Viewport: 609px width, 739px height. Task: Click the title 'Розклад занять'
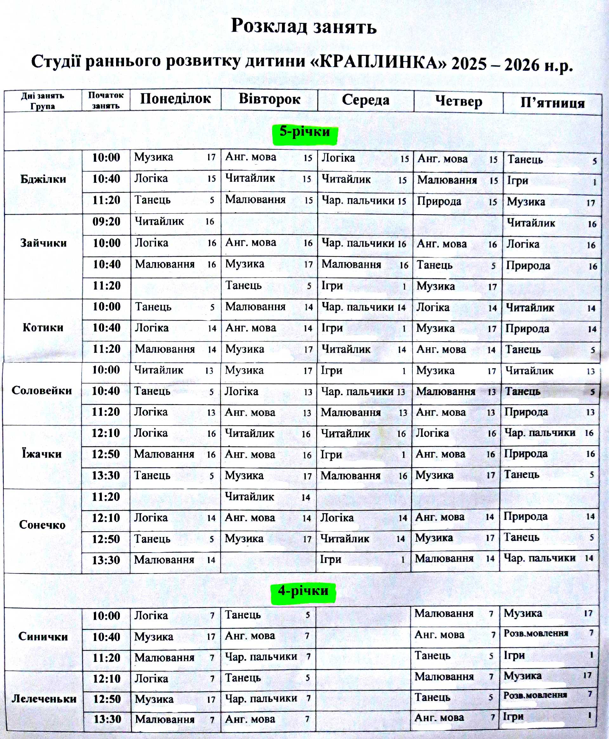pyautogui.click(x=304, y=26)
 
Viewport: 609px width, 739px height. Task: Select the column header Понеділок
pyautogui.click(x=175, y=99)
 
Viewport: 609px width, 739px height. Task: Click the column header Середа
pyautogui.click(x=365, y=100)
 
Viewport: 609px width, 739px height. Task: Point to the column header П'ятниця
pyautogui.click(x=553, y=103)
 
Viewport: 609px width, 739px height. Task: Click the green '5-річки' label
pyautogui.click(x=304, y=132)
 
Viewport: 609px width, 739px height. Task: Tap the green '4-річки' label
pyautogui.click(x=303, y=591)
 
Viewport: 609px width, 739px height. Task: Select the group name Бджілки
pyautogui.click(x=43, y=179)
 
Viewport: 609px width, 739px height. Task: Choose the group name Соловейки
pyautogui.click(x=42, y=390)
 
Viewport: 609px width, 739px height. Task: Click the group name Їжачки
pyautogui.click(x=42, y=454)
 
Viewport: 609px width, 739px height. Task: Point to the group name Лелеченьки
pyautogui.click(x=44, y=699)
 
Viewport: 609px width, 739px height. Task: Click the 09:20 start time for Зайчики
pyautogui.click(x=106, y=222)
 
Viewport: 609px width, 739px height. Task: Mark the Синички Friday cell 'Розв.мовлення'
pyautogui.click(x=536, y=633)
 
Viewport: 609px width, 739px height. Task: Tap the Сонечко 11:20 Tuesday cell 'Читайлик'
pyautogui.click(x=249, y=497)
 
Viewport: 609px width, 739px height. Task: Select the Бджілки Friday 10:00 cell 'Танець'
pyautogui.click(x=525, y=160)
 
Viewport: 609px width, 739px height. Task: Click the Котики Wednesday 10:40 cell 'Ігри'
pyautogui.click(x=332, y=328)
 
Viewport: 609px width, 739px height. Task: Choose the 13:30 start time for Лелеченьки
pyautogui.click(x=107, y=719)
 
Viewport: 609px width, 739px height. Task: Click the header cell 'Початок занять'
pyautogui.click(x=106, y=100)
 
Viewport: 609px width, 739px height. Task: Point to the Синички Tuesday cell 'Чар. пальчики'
pyautogui.click(x=261, y=657)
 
